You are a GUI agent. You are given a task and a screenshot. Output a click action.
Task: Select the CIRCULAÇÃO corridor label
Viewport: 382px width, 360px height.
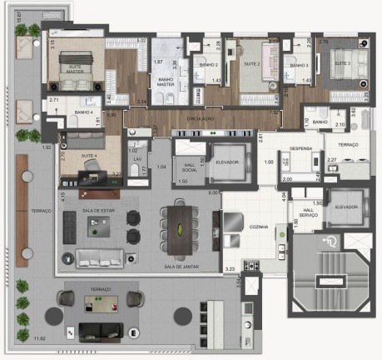pyautogui.click(x=202, y=118)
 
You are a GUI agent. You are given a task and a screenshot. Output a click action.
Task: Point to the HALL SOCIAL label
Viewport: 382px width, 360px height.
pyautogui.click(x=186, y=165)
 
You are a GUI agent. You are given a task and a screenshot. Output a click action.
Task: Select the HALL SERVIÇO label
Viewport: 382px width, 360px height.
pyautogui.click(x=309, y=212)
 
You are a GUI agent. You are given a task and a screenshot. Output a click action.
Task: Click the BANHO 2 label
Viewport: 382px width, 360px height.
pyautogui.click(x=209, y=64)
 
